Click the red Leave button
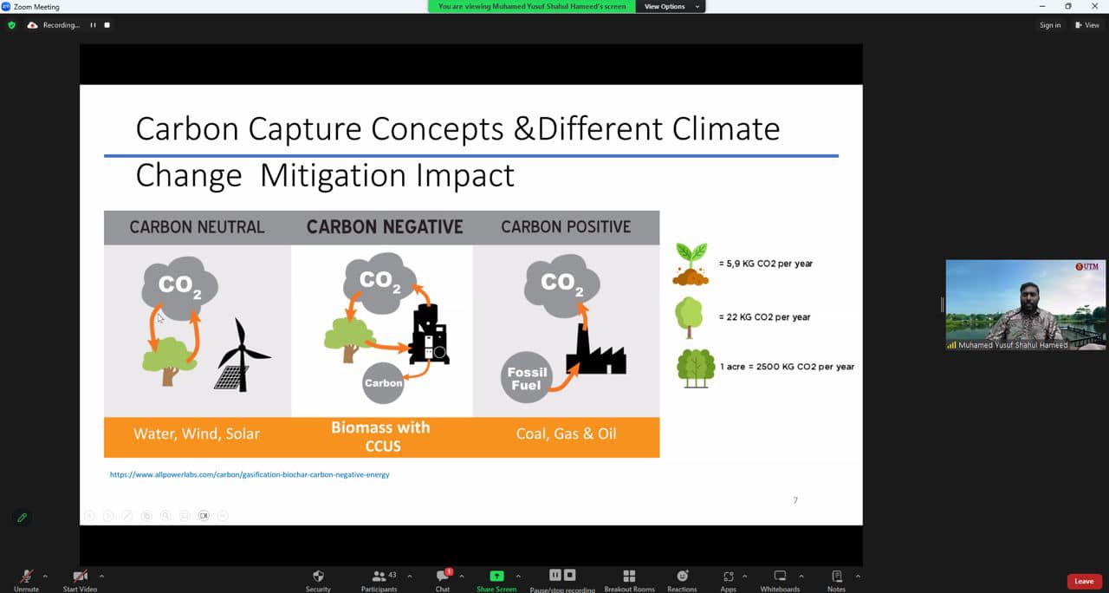(x=1084, y=581)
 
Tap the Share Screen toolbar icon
(x=496, y=576)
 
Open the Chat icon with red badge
(x=443, y=575)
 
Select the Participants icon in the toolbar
(x=379, y=576)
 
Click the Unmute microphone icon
(x=26, y=576)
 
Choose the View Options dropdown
(x=671, y=6)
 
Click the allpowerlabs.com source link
(x=250, y=474)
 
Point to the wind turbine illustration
(x=243, y=355)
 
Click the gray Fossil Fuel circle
(x=526, y=377)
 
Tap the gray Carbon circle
(x=383, y=383)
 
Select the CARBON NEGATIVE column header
(x=385, y=227)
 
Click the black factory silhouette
(x=596, y=349)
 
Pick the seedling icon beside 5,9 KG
(x=691, y=264)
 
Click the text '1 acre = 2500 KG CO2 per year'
(x=788, y=367)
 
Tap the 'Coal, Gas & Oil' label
(x=566, y=433)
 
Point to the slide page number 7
(x=795, y=500)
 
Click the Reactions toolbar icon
(x=682, y=576)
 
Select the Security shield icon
(x=318, y=576)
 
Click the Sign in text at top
(x=1049, y=25)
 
